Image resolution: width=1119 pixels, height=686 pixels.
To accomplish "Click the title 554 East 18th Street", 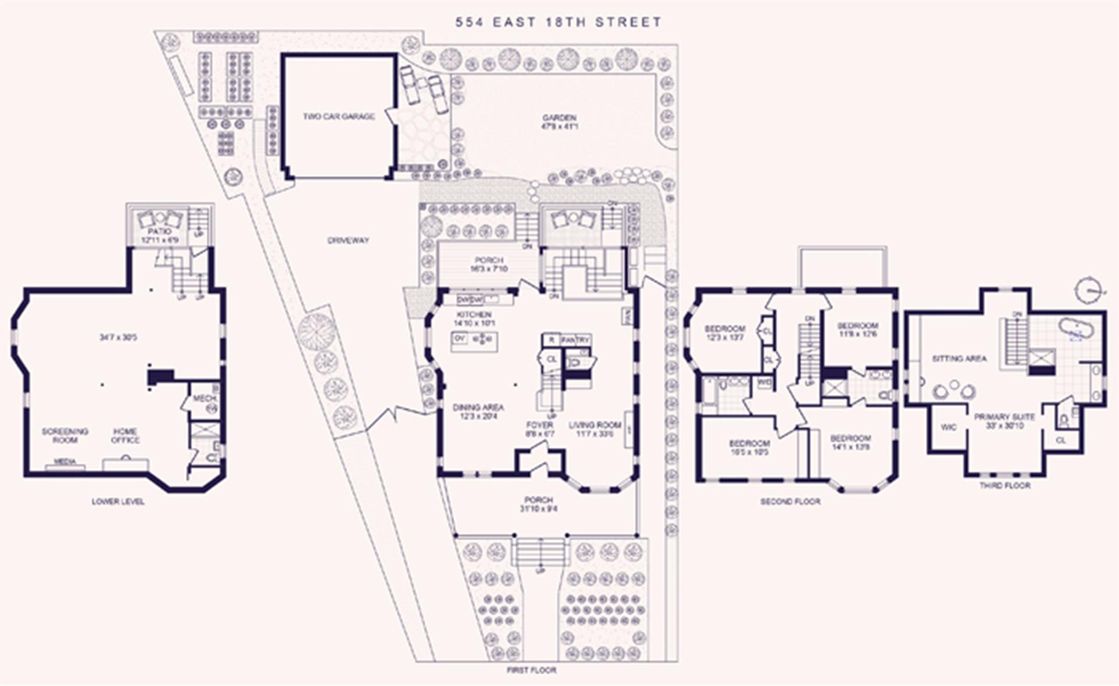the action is [558, 22].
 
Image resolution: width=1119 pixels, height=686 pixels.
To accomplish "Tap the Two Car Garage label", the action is [339, 117].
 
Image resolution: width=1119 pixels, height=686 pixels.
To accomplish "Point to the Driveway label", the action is [348, 240].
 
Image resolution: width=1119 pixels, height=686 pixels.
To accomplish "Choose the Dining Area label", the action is [478, 408].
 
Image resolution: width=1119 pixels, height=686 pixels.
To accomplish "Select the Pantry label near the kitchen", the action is [576, 339].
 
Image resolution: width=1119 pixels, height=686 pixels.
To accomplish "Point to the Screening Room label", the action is [65, 435].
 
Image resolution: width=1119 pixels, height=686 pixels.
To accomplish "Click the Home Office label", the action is [125, 435].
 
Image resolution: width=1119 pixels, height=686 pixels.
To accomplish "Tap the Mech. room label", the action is [205, 399].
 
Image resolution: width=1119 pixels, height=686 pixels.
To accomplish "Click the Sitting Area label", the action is [959, 358].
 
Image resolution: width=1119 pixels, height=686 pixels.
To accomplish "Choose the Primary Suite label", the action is [1004, 417].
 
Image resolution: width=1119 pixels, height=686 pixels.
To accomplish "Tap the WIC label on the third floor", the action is [948, 427].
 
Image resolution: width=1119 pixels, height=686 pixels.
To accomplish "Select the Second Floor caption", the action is [790, 501].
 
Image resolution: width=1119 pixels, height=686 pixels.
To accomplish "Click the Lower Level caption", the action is [118, 501].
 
